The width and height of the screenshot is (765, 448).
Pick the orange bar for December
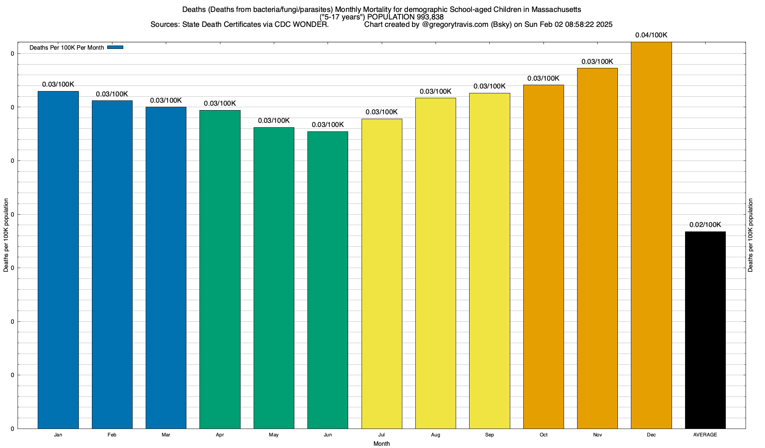[x=651, y=235]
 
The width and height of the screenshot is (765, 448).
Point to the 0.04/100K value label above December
[x=651, y=35]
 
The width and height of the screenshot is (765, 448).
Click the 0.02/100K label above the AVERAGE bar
[x=705, y=225]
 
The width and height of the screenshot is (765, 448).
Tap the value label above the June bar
[x=328, y=125]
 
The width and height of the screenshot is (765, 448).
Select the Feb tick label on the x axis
[x=112, y=435]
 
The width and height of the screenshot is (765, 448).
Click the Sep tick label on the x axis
[x=489, y=435]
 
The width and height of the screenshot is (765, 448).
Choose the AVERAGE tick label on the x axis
[x=705, y=435]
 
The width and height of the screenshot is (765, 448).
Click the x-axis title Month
[x=381, y=444]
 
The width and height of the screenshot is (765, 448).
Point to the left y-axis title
[x=6, y=235]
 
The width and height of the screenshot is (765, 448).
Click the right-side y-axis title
[x=750, y=235]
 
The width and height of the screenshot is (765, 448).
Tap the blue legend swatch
[x=115, y=47]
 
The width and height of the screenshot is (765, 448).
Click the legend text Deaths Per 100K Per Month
[x=66, y=48]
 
